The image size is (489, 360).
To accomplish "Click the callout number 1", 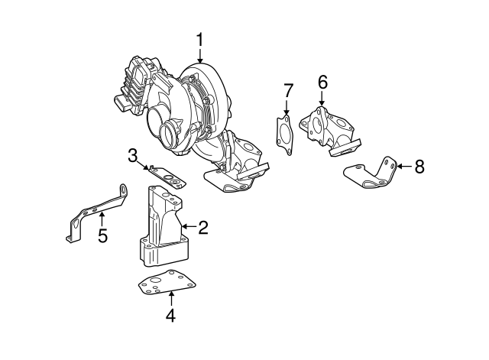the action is click(199, 41).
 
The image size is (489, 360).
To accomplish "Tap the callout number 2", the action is click(203, 228).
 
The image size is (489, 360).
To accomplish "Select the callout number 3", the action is click(132, 156).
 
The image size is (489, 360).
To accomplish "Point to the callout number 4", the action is click(171, 315).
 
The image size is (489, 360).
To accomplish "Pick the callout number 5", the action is click(102, 235).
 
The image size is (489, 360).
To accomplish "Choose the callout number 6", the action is click(322, 83).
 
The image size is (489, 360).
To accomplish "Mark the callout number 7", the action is click(287, 91).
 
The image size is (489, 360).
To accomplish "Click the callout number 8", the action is click(419, 167).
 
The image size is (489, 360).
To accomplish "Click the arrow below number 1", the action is click(199, 56).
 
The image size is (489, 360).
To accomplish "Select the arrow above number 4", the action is click(171, 298).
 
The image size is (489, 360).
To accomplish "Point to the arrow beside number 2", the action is click(189, 226).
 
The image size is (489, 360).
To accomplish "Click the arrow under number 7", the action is click(287, 108).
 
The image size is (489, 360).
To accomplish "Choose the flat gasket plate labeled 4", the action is click(167, 282).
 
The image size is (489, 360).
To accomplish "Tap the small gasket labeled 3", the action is click(167, 177).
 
